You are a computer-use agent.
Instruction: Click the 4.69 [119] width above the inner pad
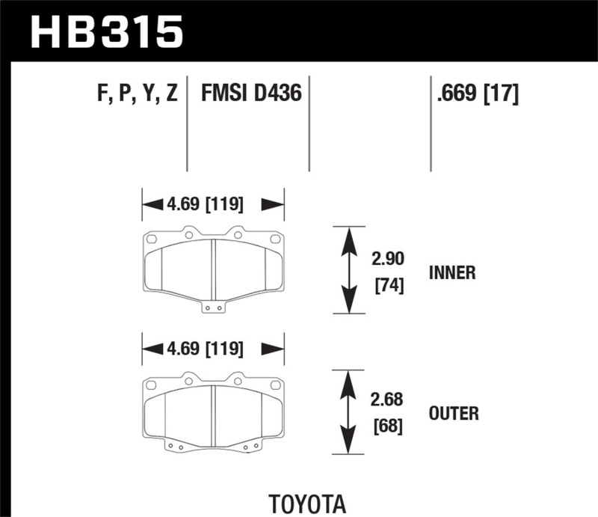pyautogui.click(x=213, y=204)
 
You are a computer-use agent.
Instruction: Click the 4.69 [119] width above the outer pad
pyautogui.click(x=213, y=349)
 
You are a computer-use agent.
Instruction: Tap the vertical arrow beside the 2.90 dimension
pyautogui.click(x=348, y=269)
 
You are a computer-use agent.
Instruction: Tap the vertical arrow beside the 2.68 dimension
pyautogui.click(x=348, y=412)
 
